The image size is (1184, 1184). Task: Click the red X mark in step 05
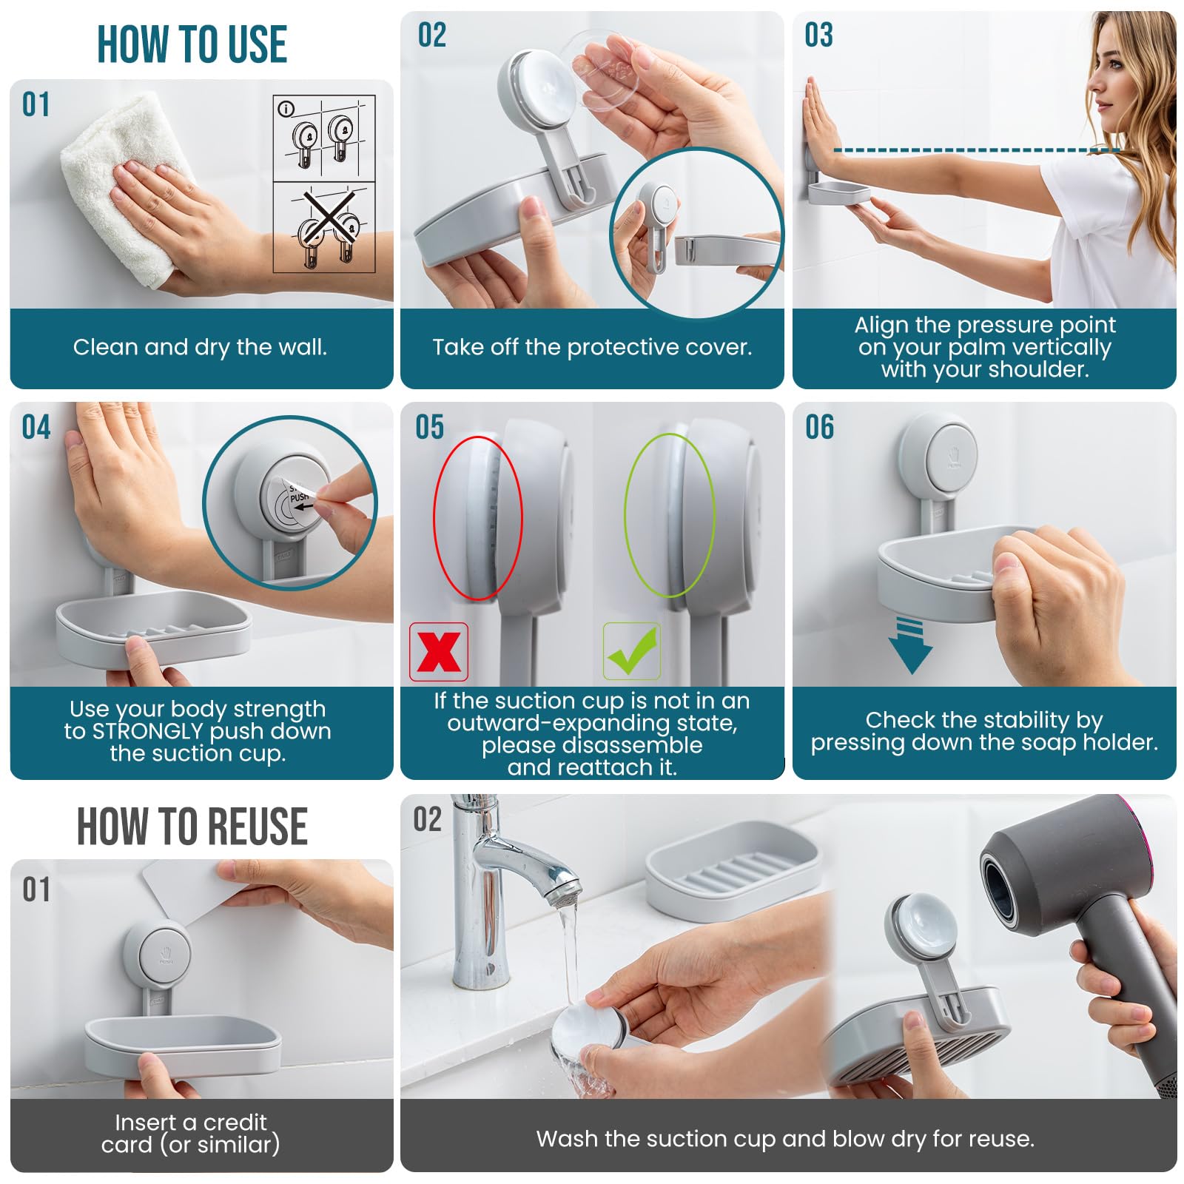pos(439,652)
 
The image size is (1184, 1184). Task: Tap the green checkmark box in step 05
pos(631,651)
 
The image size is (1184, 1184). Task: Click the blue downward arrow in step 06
pos(910,646)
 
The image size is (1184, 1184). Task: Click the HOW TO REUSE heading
pos(192,827)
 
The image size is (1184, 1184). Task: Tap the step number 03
pos(818,35)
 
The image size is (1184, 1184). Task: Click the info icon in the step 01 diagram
pos(286,109)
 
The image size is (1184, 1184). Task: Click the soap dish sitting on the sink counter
pos(733,870)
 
